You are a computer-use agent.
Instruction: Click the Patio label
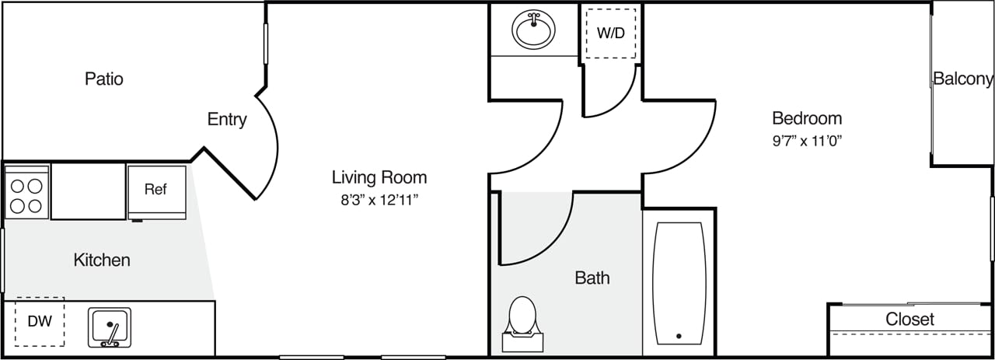click(x=104, y=79)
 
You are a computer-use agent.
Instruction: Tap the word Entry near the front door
click(x=227, y=120)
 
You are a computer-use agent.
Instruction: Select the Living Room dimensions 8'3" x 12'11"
click(x=379, y=199)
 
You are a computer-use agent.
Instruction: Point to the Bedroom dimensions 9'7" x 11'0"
click(x=806, y=141)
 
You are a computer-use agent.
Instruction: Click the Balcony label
click(x=962, y=79)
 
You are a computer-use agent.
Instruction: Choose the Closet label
click(x=909, y=319)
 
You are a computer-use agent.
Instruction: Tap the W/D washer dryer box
click(x=610, y=33)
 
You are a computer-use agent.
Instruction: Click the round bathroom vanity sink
click(x=533, y=30)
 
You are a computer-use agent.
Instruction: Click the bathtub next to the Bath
click(x=679, y=284)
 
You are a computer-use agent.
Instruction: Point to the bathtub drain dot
click(x=679, y=337)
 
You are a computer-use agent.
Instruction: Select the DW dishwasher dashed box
click(x=40, y=321)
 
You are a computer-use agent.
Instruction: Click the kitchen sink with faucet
click(x=110, y=327)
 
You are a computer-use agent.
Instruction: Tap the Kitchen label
click(x=102, y=260)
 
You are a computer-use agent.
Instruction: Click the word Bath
click(x=592, y=278)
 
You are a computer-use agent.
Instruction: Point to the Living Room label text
click(x=379, y=177)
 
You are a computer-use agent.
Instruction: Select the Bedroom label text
click(x=806, y=118)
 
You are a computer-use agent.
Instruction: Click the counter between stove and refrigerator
click(x=88, y=191)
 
